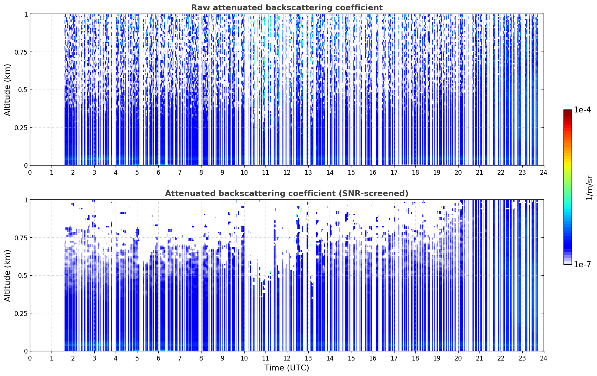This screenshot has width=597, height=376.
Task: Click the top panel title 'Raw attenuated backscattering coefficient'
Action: point(287,8)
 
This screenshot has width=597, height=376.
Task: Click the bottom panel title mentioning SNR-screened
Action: point(287,193)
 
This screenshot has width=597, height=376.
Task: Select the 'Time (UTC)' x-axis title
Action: point(287,368)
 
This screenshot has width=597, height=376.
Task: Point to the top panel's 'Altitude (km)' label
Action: point(7,90)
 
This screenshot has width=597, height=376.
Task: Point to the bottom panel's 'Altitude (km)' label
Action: point(7,275)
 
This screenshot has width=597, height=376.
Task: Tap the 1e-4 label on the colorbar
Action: point(582,109)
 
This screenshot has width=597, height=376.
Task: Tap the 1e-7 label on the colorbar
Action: point(582,265)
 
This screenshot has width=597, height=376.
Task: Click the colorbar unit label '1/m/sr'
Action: point(589,188)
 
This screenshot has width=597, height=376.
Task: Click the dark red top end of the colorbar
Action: point(568,111)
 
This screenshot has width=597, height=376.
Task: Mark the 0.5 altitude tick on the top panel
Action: point(22,90)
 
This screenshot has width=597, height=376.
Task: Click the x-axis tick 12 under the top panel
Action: point(287,173)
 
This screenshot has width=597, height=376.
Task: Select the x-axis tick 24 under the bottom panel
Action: point(544,358)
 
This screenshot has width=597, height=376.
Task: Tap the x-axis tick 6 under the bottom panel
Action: point(158,358)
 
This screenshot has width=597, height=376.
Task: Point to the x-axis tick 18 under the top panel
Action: point(415,173)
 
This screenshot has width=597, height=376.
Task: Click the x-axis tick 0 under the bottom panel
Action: point(30,358)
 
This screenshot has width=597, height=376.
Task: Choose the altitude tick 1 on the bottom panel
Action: point(26,200)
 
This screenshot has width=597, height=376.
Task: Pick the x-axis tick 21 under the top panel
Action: point(480,173)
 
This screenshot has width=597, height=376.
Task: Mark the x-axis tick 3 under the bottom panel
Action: point(94,358)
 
